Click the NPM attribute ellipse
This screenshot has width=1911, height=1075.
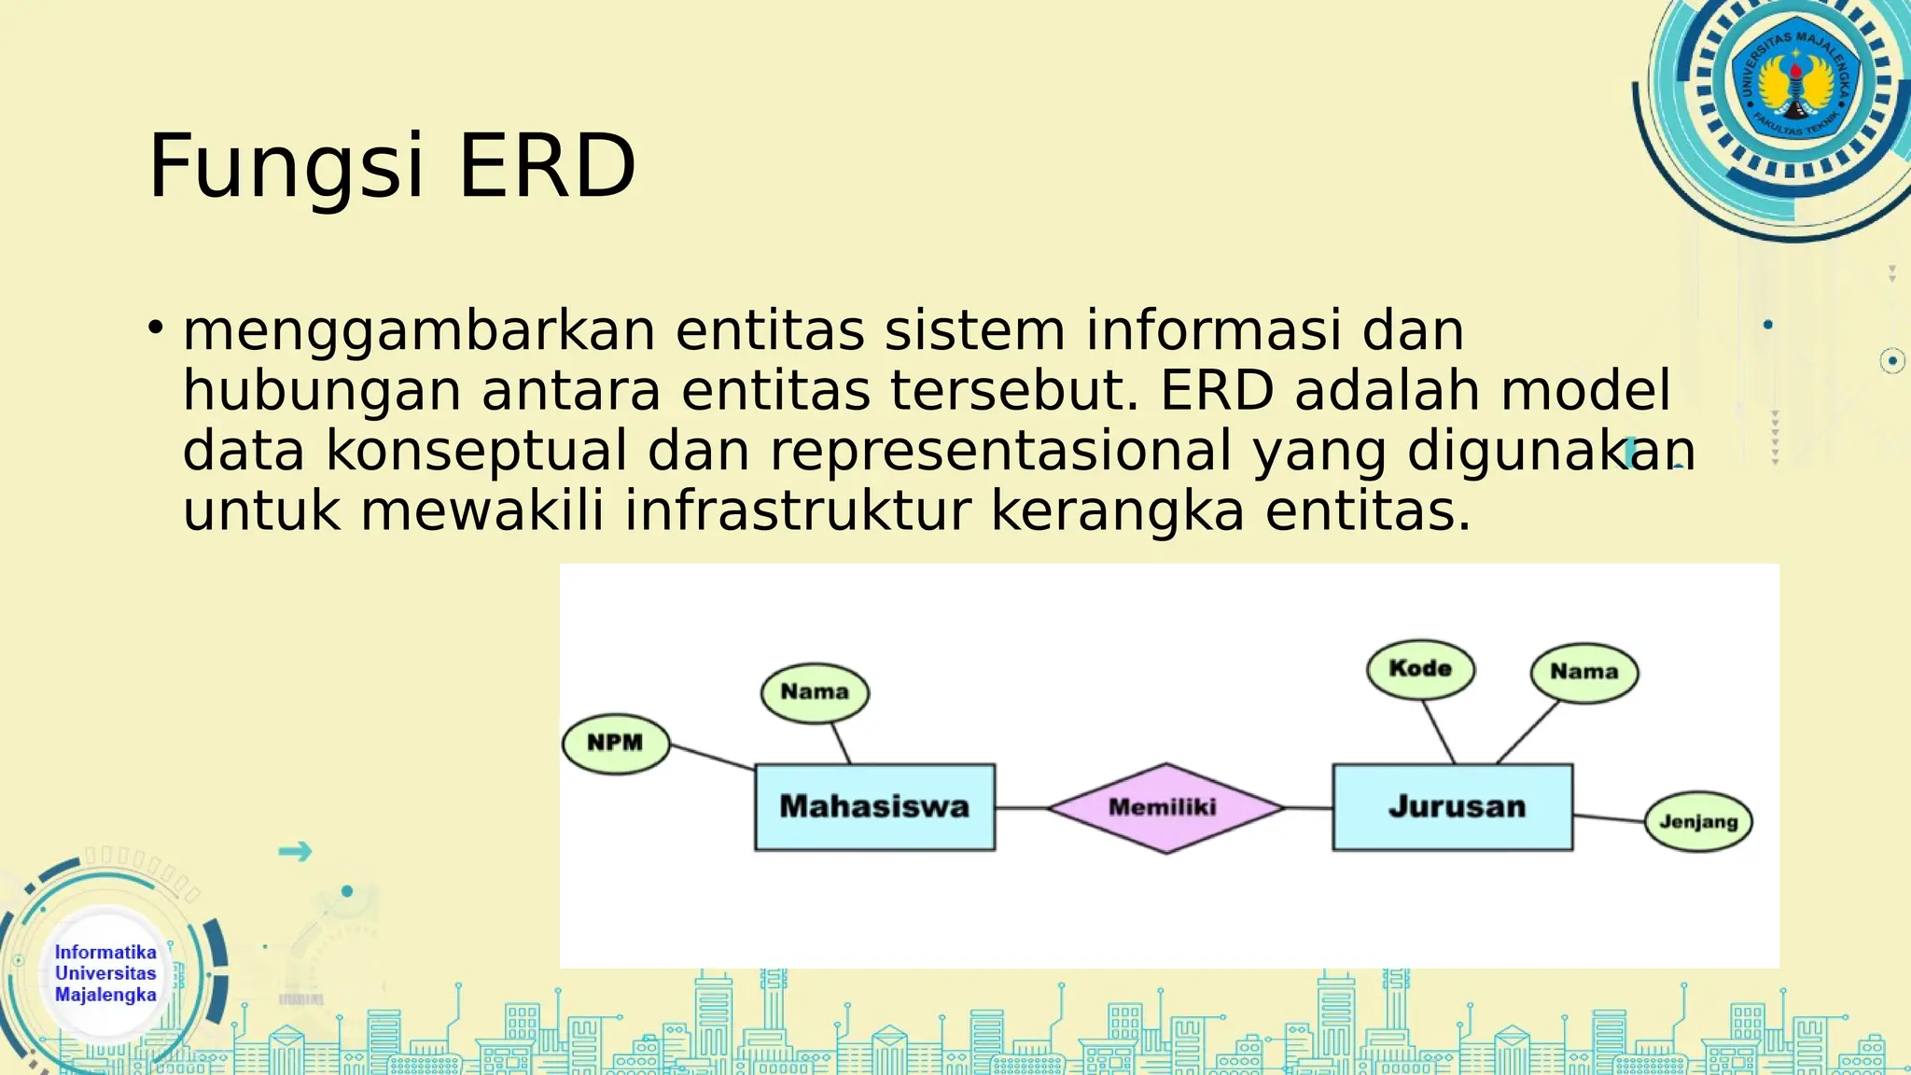616,744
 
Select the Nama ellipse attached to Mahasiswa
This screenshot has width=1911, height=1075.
815,692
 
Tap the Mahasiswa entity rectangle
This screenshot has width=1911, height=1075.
874,807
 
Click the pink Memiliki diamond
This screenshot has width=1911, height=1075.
1165,808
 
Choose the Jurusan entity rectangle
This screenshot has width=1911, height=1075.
1453,807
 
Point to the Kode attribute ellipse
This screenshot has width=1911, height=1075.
1420,669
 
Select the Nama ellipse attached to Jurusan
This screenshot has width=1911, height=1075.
1583,672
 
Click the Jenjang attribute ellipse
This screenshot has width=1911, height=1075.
1697,822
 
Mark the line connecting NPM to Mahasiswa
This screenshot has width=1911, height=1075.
712,757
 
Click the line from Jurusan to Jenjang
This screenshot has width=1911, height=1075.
1609,818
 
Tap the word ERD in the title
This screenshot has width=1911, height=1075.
547,167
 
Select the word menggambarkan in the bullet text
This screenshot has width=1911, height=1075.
419,331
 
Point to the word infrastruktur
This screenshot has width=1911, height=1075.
797,511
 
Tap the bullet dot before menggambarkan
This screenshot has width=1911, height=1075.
156,328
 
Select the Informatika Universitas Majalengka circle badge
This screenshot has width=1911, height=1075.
105,973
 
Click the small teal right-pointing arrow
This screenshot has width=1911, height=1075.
295,851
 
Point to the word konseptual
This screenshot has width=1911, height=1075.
476,451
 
